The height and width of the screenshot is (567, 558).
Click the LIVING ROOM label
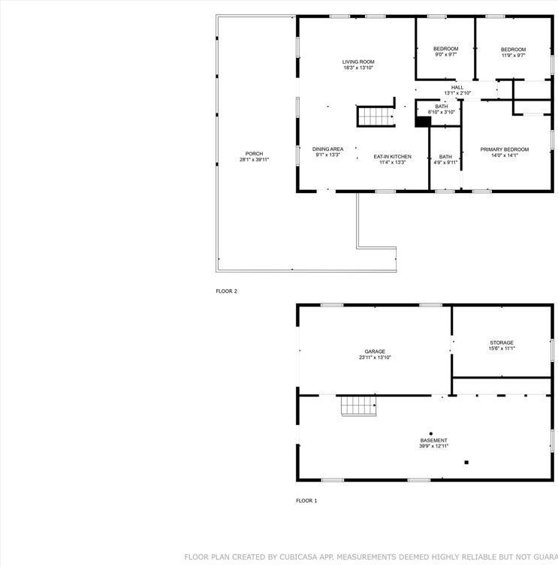(x=358, y=62)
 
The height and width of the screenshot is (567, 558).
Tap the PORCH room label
(x=254, y=153)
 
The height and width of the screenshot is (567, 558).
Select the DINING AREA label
(x=327, y=149)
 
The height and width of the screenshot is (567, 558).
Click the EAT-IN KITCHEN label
(x=392, y=156)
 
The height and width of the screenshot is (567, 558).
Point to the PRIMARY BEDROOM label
(x=504, y=149)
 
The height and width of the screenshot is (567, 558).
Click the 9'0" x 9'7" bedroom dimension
(x=445, y=55)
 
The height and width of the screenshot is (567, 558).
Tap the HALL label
(x=457, y=87)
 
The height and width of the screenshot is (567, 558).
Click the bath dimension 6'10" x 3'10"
(x=441, y=112)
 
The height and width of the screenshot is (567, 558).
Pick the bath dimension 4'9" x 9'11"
(x=445, y=162)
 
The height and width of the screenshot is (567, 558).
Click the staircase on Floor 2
(x=375, y=117)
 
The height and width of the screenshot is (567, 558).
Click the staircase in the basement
(x=358, y=406)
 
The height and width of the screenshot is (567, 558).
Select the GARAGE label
(x=375, y=351)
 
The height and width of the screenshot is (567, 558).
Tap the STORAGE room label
(x=501, y=342)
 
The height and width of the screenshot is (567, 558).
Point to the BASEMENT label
(x=433, y=440)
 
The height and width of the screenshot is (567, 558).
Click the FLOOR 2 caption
(x=226, y=291)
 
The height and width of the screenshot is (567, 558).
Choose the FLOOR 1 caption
(x=306, y=500)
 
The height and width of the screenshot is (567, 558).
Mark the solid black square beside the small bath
(x=421, y=121)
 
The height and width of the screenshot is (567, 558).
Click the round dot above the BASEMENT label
(x=430, y=433)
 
